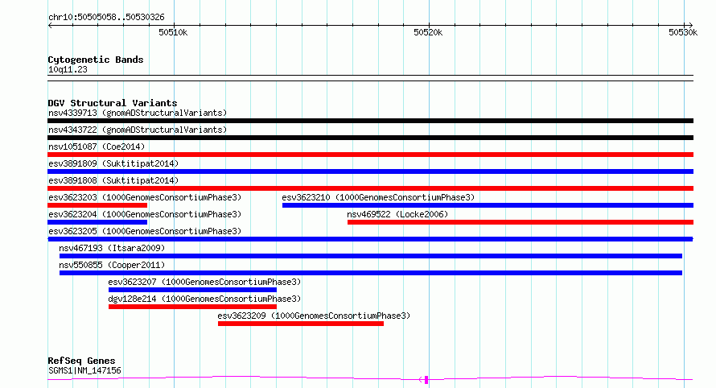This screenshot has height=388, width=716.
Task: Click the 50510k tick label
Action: [x=173, y=32]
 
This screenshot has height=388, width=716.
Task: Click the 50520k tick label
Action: [x=428, y=32]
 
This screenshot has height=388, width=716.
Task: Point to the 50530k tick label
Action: [x=683, y=32]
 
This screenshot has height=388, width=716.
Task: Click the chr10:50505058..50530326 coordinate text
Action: [x=106, y=18]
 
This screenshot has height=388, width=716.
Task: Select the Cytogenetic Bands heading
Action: [x=96, y=60]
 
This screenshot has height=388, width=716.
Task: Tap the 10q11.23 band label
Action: [x=68, y=69]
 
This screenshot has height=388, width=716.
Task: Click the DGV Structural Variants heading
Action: [x=113, y=103]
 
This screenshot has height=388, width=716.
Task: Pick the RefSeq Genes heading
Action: [x=81, y=361]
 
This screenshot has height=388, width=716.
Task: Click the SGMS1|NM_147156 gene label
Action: [x=84, y=370]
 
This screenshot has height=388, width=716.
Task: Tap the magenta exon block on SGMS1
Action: [x=426, y=380]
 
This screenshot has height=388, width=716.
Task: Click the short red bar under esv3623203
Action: [x=97, y=205]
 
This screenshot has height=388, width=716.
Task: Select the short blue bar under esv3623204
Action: [x=97, y=222]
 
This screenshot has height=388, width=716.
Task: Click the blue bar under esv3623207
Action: [x=192, y=291]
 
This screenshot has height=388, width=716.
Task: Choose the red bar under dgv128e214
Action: [x=192, y=308]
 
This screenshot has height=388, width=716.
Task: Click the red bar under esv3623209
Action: [x=300, y=324]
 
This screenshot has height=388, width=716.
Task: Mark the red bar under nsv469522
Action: [x=520, y=222]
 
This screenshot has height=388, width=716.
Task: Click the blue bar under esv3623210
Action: [x=488, y=205]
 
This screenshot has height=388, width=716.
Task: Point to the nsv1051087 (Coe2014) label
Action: [x=97, y=147]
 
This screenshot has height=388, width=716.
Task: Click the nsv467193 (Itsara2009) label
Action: [x=112, y=248]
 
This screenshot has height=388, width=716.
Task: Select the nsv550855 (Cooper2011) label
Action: [x=112, y=265]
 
